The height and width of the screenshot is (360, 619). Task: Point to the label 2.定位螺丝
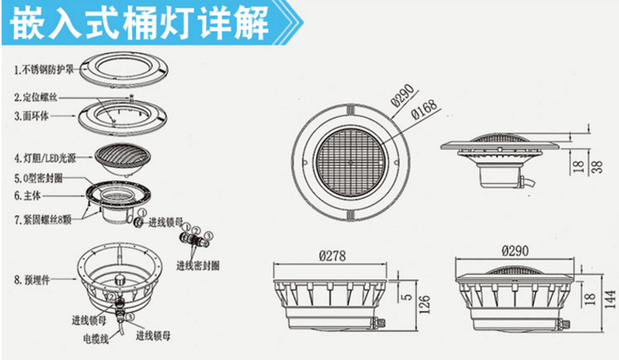(37, 96)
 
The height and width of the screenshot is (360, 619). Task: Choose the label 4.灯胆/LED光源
(48, 155)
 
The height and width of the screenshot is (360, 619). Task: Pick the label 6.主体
(29, 195)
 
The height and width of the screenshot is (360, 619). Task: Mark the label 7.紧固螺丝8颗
(47, 219)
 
